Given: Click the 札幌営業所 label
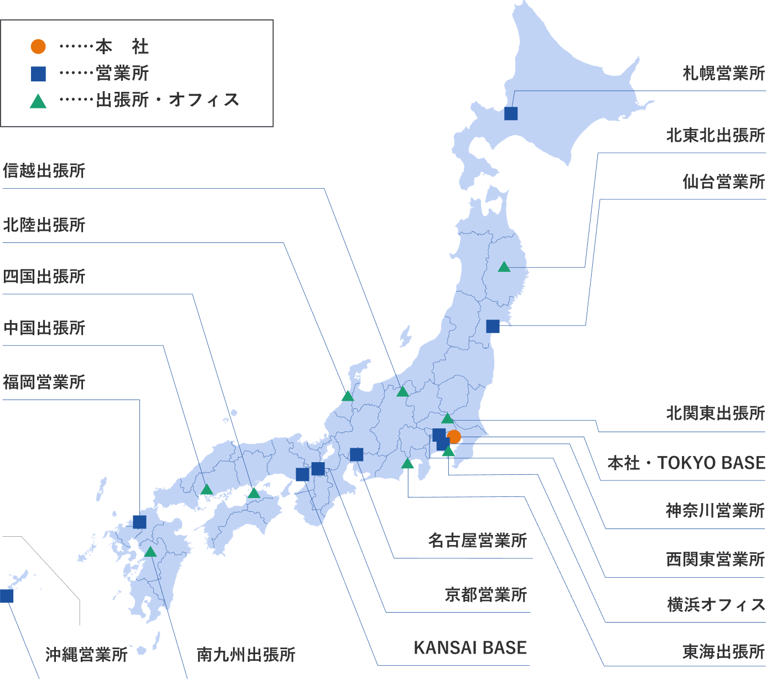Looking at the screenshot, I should pyautogui.click(x=723, y=73).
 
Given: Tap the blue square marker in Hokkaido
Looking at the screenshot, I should pyautogui.click(x=511, y=113).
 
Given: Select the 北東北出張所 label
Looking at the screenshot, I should pyautogui.click(x=715, y=135).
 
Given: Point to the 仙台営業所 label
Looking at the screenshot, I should pyautogui.click(x=723, y=182).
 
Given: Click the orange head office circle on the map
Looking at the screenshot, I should pyautogui.click(x=454, y=437).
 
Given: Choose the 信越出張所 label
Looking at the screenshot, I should pyautogui.click(x=44, y=170).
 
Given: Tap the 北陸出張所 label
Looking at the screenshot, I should pyautogui.click(x=44, y=225).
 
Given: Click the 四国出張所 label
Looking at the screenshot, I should pyautogui.click(x=44, y=276).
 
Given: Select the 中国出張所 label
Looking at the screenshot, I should pyautogui.click(x=44, y=328).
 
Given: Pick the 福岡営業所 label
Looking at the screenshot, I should pyautogui.click(x=44, y=382).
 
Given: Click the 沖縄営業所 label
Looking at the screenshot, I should pyautogui.click(x=86, y=655).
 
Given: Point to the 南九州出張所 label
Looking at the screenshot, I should pyautogui.click(x=246, y=655).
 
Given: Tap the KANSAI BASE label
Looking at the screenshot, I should pyautogui.click(x=470, y=647).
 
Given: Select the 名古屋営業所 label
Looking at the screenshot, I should pyautogui.click(x=477, y=540).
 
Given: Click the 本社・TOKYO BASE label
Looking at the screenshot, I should pyautogui.click(x=686, y=463).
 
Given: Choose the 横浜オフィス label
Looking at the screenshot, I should pyautogui.click(x=716, y=604).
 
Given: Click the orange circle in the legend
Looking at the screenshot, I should pyautogui.click(x=38, y=46).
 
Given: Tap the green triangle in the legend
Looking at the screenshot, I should pyautogui.click(x=38, y=101).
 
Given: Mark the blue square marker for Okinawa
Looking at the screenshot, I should pyautogui.click(x=7, y=596).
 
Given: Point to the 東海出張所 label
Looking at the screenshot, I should pyautogui.click(x=723, y=651).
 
